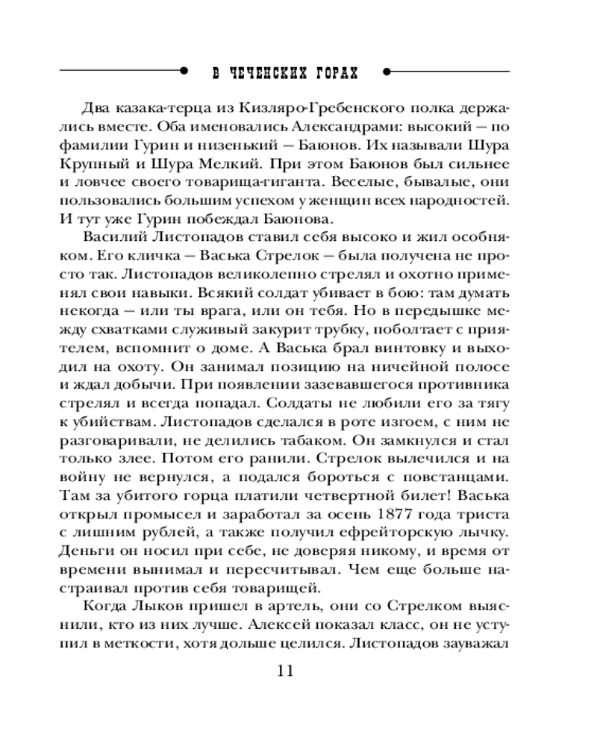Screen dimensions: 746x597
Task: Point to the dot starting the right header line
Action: point(387,72)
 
